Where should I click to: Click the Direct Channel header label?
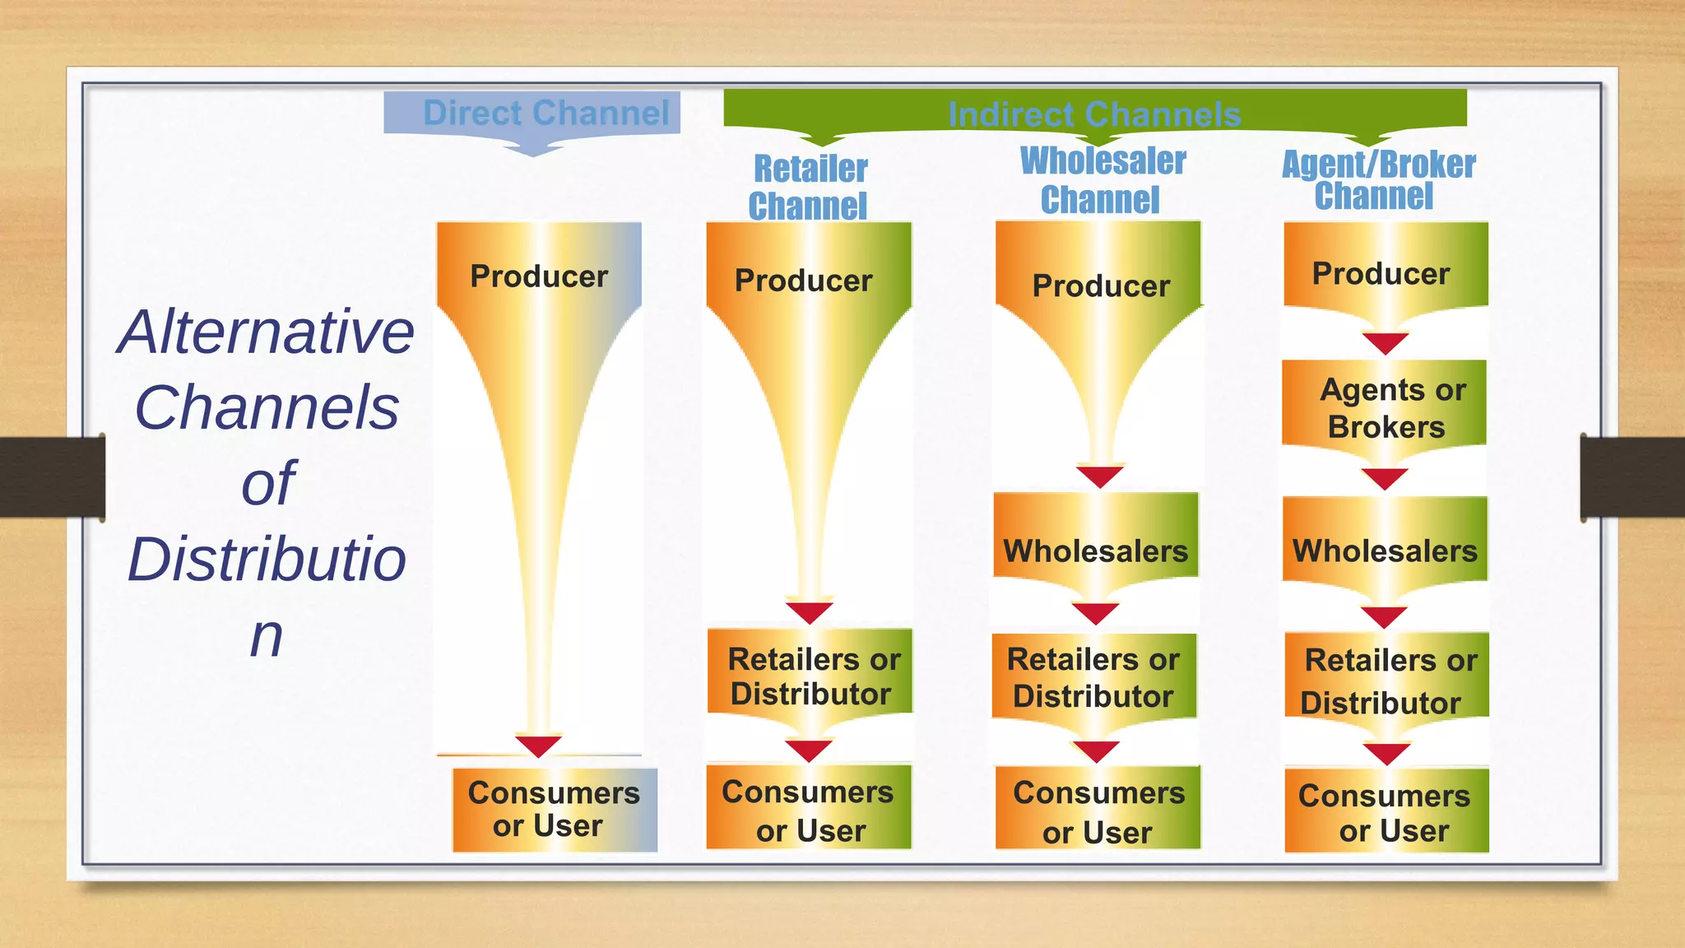[545, 113]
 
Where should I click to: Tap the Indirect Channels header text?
[1093, 114]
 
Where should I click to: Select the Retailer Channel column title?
[809, 188]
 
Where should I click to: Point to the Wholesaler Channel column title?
[1102, 180]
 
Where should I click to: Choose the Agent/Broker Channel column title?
[1378, 180]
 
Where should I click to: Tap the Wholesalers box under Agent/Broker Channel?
[1386, 546]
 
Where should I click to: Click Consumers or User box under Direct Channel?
[555, 810]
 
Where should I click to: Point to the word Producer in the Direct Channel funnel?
[539, 276]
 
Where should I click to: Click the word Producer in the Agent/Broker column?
[1381, 274]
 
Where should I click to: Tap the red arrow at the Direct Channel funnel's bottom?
[538, 746]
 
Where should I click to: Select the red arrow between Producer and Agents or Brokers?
[1386, 342]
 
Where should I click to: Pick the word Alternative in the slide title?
[266, 332]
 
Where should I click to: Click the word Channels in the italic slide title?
[267, 407]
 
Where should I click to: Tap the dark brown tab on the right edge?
[1632, 477]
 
